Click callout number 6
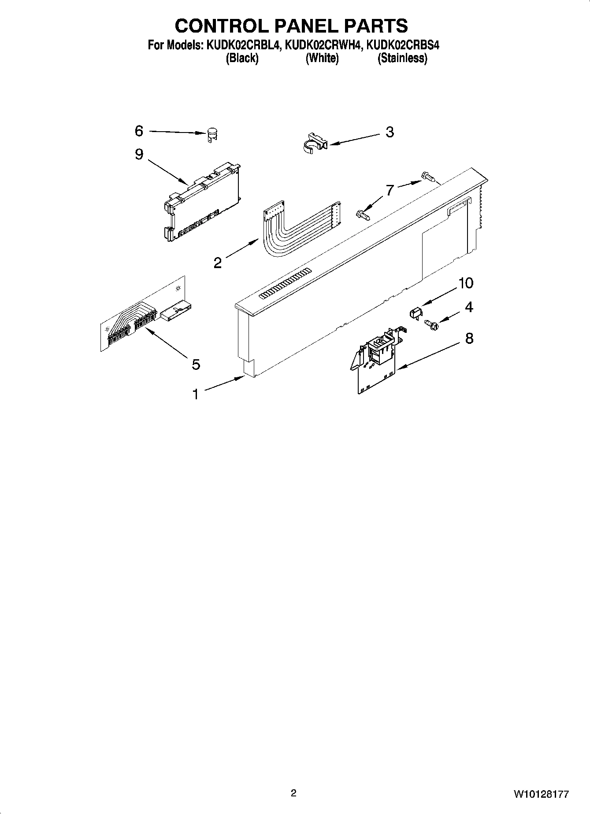pyautogui.click(x=139, y=131)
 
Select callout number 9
pyautogui.click(x=139, y=154)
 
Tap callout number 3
pyautogui.click(x=390, y=132)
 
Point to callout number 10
pyautogui.click(x=466, y=283)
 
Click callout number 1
pyautogui.click(x=195, y=394)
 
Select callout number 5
pyautogui.click(x=196, y=364)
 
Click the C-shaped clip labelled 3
pyautogui.click(x=315, y=141)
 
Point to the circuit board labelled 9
pyautogui.click(x=203, y=200)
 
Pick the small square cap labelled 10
pyautogui.click(x=415, y=313)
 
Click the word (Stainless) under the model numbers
pyautogui.click(x=402, y=58)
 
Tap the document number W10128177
pyautogui.click(x=541, y=795)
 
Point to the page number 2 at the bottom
pyautogui.click(x=294, y=793)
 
